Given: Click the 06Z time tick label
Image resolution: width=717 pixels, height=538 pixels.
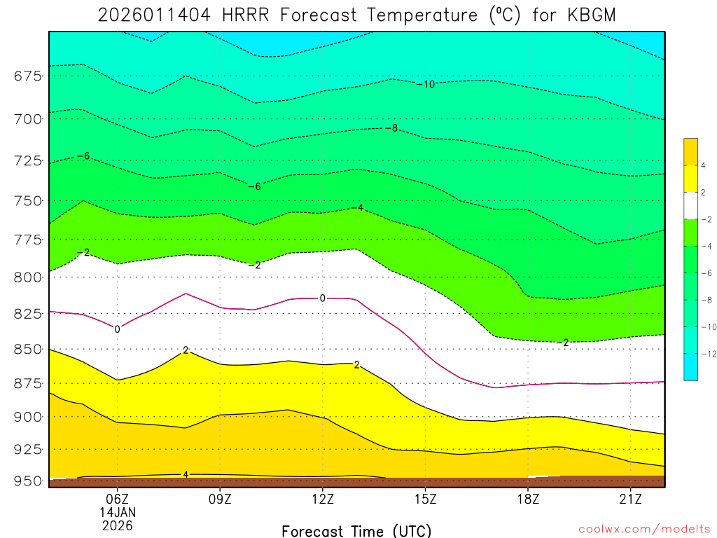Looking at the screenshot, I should tap(117, 499).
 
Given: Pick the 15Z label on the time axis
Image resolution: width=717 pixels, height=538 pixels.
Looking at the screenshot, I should tap(425, 499).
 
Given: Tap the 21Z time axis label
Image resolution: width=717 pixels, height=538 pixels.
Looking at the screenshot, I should tap(631, 499).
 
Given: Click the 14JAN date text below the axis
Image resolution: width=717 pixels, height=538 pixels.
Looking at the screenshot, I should tap(117, 512).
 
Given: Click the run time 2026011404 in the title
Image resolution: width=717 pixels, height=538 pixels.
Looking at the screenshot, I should tap(154, 15).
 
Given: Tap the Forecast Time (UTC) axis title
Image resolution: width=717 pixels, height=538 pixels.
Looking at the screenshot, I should tap(356, 530).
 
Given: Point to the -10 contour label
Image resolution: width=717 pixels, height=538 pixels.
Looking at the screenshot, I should tap(426, 84).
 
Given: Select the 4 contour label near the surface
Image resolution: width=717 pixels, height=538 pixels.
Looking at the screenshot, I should tap(186, 474).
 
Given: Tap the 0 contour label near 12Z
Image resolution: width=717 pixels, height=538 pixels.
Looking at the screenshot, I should tap(322, 298).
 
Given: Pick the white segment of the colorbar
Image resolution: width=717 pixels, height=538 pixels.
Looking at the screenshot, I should tap(690, 206).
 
